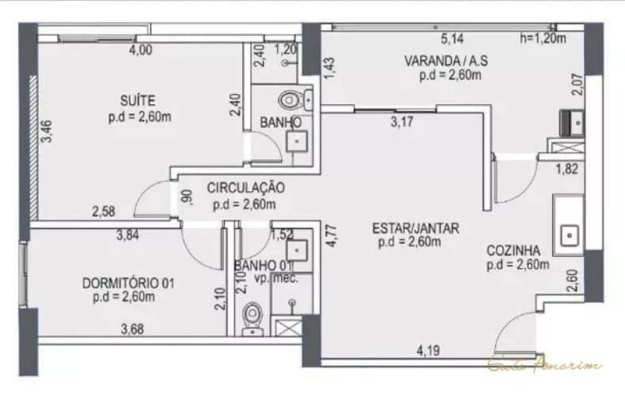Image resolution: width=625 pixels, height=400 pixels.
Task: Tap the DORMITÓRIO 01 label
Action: pos(128,284)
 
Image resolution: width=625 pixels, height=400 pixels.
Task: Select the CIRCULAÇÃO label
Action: pos(246,187)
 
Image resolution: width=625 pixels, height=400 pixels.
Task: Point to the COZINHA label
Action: pos(514,251)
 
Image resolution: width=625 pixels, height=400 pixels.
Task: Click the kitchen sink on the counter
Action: pos(569,235)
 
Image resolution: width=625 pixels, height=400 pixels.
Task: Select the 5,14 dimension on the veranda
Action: pos(453,39)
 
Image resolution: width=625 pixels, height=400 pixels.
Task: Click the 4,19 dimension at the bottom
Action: pos(427,351)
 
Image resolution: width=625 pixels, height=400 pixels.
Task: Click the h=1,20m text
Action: pos(542,39)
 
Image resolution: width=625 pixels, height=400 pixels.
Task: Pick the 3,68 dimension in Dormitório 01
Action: pos(132,328)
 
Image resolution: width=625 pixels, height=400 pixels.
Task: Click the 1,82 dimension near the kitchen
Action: pos(566,168)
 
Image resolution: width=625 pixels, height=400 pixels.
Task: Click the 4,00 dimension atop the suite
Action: pos(140,51)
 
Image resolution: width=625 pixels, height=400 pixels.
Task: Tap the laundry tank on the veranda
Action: pos(573,121)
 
